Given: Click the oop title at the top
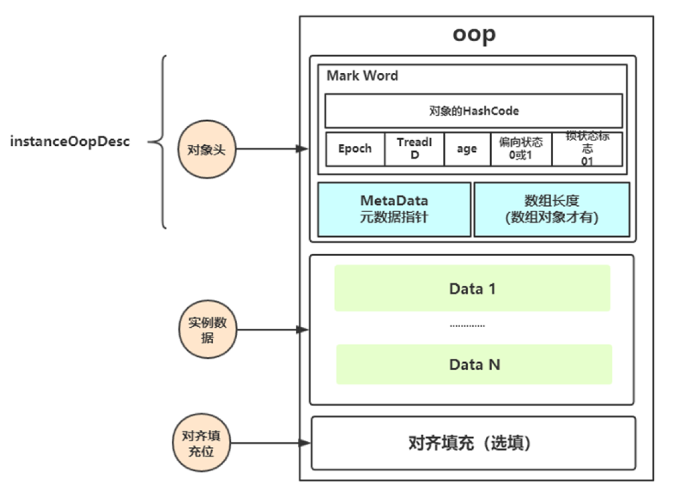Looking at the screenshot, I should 474,34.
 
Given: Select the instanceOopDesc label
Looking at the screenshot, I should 70,142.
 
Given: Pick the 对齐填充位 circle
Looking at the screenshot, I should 200,443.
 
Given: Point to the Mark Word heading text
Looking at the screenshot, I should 362,76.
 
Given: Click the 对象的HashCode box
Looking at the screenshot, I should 473,111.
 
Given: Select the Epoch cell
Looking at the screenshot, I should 354,149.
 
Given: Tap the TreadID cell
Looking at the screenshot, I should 414,149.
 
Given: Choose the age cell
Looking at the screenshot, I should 467,149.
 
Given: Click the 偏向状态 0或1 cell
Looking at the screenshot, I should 521,149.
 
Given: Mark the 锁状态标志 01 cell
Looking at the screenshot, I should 586,149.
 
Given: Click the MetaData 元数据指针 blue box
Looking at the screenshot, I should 394,209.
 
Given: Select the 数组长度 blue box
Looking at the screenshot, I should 551,209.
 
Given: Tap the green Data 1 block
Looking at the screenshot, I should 472,289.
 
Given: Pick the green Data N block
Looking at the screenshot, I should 474,364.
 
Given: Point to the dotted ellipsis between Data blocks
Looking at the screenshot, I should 467,326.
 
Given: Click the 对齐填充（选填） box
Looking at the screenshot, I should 473,444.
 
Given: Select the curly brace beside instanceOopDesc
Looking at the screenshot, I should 159,142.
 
